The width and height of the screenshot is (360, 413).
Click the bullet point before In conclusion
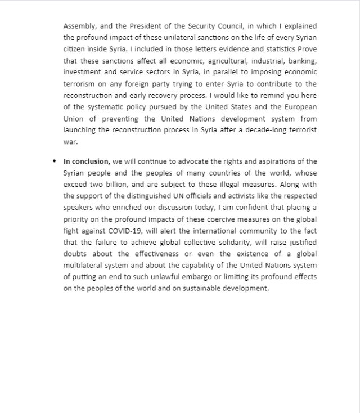pyautogui.click(x=55, y=161)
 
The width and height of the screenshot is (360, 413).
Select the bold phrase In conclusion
pyautogui.click(x=87, y=161)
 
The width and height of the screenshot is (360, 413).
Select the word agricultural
pyautogui.click(x=201, y=61)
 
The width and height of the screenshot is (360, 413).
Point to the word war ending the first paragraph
pyautogui.click(x=69, y=142)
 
